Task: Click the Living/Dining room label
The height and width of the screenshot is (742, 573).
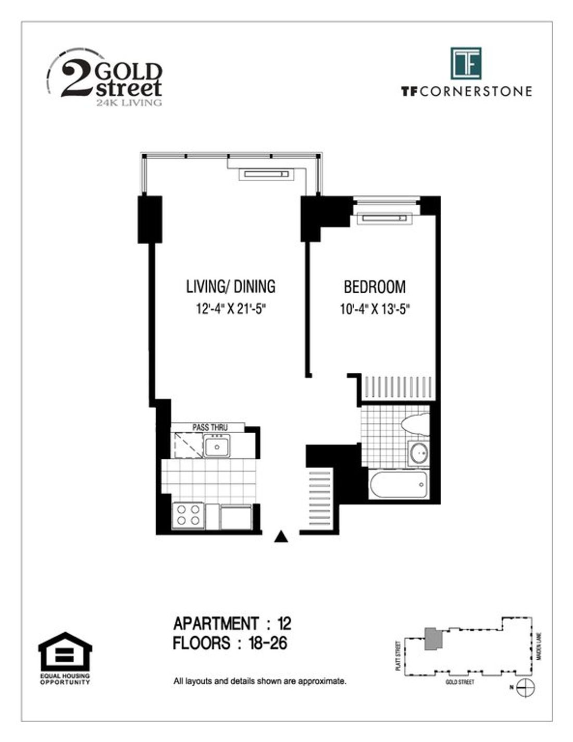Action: pos(230,286)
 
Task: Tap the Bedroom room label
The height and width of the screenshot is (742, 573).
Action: pos(375,286)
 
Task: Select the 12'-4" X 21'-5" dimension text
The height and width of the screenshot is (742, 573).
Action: pos(231,309)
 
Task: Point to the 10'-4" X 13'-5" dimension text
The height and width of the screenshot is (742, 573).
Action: pos(375,309)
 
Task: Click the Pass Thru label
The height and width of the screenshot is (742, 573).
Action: pos(210,427)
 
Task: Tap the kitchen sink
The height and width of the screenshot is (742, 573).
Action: pos(217,446)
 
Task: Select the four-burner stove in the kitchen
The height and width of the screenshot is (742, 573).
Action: pos(188,516)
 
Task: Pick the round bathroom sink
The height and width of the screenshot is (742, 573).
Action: pos(419,453)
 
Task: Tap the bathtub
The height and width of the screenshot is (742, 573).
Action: pos(398,485)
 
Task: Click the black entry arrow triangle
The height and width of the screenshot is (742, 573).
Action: pos(281,536)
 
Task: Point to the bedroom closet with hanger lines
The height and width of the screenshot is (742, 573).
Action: pos(398,387)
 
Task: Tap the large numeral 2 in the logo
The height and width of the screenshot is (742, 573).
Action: pos(77,78)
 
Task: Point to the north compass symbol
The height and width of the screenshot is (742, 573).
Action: pos(526,689)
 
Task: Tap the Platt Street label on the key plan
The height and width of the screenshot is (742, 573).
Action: pos(398,651)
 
